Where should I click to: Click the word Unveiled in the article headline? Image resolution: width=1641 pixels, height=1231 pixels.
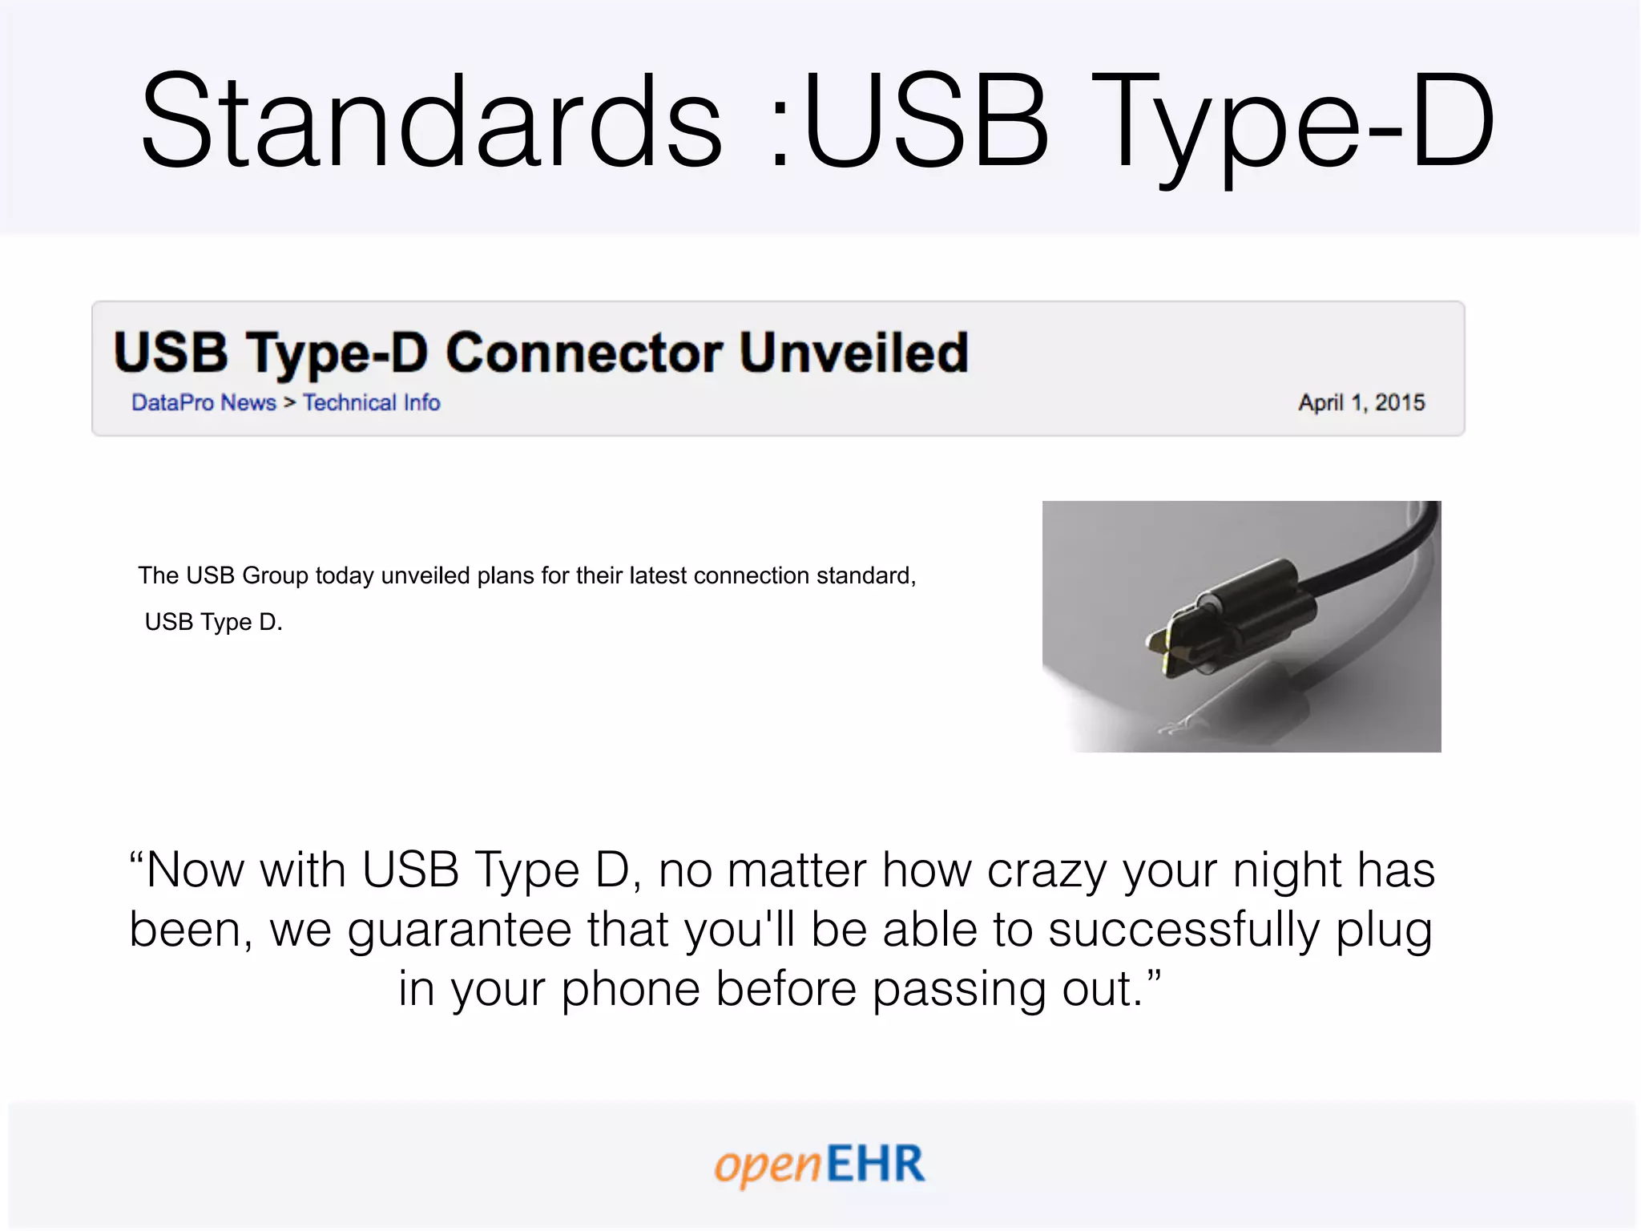(854, 353)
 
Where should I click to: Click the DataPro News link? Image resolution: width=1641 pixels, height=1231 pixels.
(204, 402)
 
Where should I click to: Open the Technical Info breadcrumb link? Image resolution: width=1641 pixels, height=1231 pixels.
(371, 402)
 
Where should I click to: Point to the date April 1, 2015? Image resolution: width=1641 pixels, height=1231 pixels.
(1361, 402)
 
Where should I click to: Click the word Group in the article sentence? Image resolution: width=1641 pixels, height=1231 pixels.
(275, 575)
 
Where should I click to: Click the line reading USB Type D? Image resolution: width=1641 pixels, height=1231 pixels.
(213, 622)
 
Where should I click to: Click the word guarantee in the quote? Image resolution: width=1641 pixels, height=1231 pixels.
(462, 930)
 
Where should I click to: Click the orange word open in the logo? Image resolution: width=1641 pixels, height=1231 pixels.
(768, 1165)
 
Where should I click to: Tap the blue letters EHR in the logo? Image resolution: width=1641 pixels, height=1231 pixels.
(875, 1164)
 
